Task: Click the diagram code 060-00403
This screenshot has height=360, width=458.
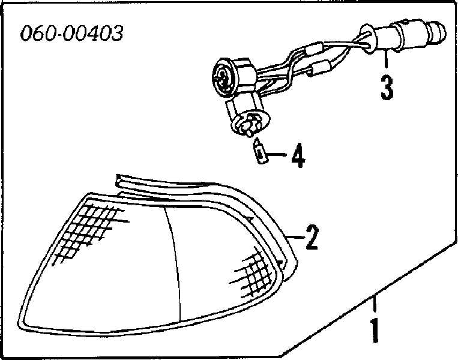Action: (71, 33)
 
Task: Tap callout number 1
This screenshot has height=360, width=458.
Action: (375, 330)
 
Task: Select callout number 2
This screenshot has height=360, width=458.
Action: (312, 237)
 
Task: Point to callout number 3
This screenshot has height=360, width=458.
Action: (387, 87)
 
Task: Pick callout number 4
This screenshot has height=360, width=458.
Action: (298, 155)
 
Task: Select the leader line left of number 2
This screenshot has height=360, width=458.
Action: (294, 238)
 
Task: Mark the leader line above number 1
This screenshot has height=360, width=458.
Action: (374, 305)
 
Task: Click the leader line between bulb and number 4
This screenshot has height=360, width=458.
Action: (277, 154)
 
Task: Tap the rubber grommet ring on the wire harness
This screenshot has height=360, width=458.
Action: (366, 39)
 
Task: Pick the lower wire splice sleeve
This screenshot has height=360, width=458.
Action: (321, 68)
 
